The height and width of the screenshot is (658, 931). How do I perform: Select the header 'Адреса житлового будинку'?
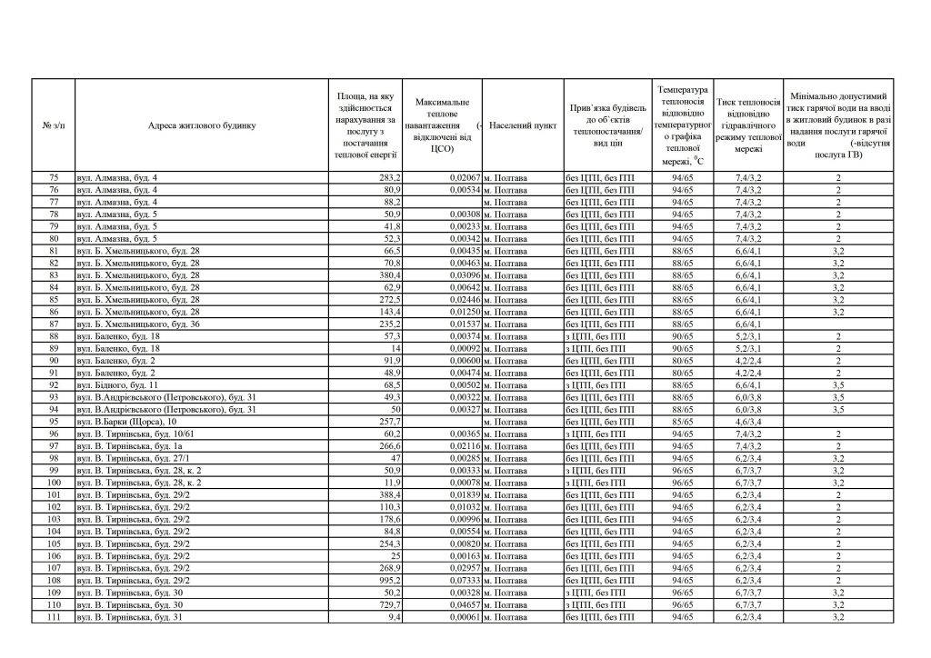(x=203, y=125)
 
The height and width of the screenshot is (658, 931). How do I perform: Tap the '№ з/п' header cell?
(x=54, y=125)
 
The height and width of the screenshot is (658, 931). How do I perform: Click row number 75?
(x=54, y=177)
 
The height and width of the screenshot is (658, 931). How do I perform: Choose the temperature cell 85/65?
(x=683, y=423)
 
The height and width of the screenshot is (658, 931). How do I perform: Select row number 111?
(x=54, y=617)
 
